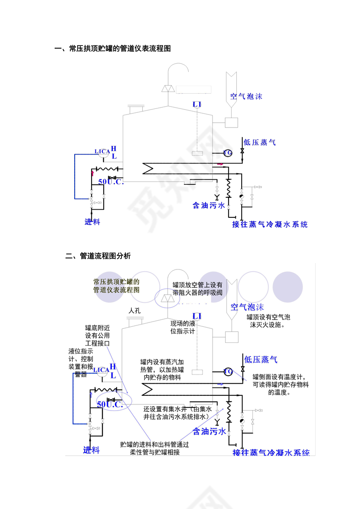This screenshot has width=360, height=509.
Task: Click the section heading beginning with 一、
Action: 113,49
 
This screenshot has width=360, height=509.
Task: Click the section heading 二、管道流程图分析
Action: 98,256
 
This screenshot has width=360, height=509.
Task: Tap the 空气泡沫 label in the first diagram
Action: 246,96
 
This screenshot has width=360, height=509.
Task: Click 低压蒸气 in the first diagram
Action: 259,142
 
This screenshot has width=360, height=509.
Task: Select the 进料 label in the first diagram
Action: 92,222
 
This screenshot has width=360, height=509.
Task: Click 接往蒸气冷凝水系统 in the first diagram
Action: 270,224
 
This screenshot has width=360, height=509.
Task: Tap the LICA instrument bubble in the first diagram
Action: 102,151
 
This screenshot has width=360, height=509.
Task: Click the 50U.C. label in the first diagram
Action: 111,182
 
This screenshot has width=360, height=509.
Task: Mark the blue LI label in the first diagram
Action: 197,105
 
